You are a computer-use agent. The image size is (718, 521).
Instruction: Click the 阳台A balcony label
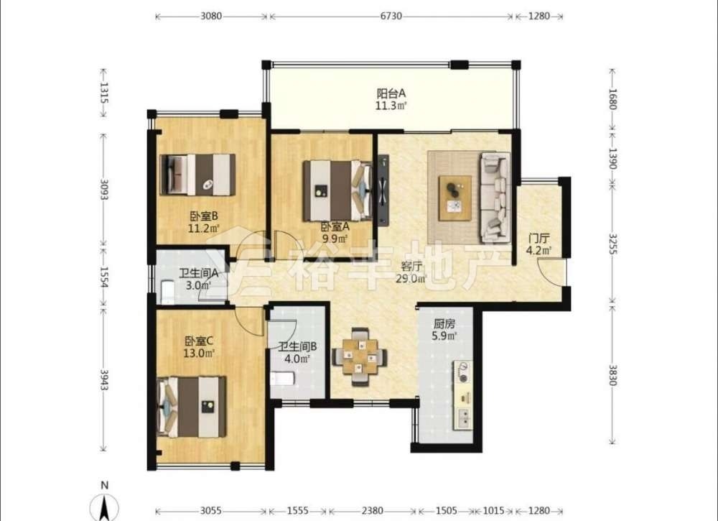[x=391, y=93]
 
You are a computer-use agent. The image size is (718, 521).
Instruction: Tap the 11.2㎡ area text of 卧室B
[x=204, y=228]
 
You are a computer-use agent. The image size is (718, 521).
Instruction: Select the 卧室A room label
[x=335, y=226]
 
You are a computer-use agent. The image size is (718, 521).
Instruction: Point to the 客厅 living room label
[x=411, y=266]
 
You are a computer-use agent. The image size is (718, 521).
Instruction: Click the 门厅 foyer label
[x=538, y=239]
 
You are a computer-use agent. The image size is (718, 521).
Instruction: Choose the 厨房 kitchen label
[x=444, y=324]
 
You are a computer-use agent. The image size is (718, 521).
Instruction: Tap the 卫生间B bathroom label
[x=298, y=347]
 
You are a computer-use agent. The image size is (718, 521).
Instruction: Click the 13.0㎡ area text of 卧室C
[x=199, y=354]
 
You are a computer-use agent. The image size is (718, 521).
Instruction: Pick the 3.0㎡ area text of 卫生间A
[x=198, y=285]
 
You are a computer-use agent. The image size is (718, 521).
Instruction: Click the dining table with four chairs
[x=360, y=357]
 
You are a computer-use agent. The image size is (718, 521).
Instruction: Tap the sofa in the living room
[x=495, y=198]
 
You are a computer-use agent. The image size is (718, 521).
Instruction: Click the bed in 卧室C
[x=192, y=407]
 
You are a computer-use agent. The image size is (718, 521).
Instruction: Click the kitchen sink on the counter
[x=464, y=417]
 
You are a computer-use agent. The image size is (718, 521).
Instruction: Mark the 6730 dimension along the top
[x=391, y=16]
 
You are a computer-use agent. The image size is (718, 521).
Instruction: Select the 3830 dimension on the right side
[x=612, y=374]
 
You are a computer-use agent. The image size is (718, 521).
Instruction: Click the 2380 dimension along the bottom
[x=372, y=510]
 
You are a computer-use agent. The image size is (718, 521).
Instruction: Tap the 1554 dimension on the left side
[x=104, y=277]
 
